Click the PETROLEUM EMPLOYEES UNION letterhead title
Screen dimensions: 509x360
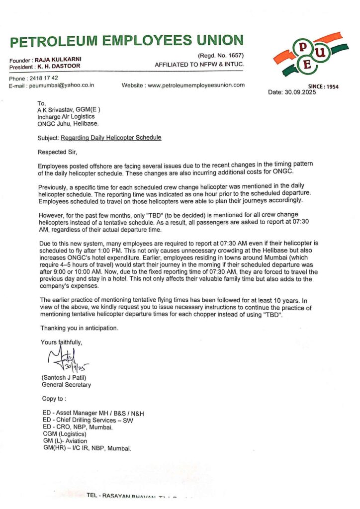point(126,41)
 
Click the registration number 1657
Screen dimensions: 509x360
point(233,55)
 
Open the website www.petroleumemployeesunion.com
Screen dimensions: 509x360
point(196,85)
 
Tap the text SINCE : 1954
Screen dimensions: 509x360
point(323,86)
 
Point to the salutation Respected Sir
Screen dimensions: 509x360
point(58,152)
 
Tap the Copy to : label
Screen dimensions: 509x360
point(54,399)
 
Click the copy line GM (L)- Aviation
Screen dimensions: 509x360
point(65,441)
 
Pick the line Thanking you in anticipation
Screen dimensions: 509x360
point(80,328)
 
